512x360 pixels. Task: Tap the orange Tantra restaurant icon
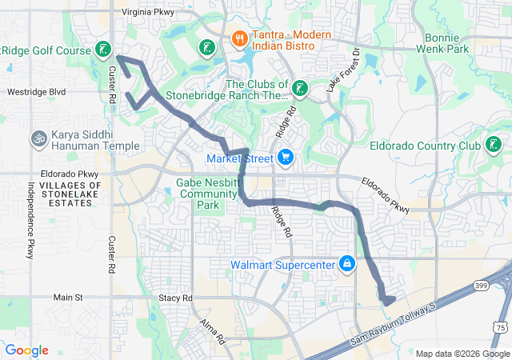point(238,38)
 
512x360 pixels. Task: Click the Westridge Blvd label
point(36,92)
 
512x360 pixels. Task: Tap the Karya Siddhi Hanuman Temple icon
point(37,140)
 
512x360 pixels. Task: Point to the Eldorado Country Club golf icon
point(494,145)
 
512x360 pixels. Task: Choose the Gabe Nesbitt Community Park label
point(206,194)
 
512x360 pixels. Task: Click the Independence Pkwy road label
point(31,221)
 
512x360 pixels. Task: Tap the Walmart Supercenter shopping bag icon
point(346,263)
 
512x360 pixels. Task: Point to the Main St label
point(68,298)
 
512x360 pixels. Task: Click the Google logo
point(26,350)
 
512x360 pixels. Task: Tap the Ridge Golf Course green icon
point(102,50)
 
